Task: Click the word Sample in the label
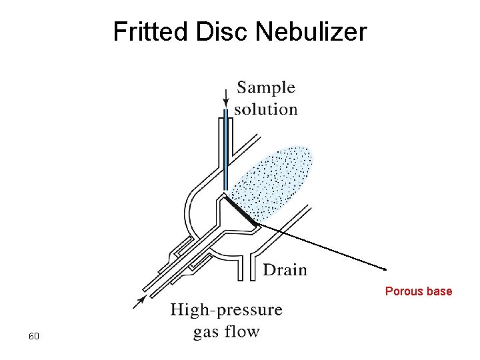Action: pyautogui.click(x=266, y=87)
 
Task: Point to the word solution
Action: pyautogui.click(x=266, y=109)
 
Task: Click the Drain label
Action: pyautogui.click(x=285, y=270)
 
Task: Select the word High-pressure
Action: pyautogui.click(x=226, y=310)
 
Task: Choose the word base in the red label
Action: pyautogui.click(x=441, y=291)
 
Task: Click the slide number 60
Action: pyautogui.click(x=34, y=336)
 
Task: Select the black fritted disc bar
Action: pyautogui.click(x=239, y=209)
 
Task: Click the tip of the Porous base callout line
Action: pyautogui.click(x=385, y=269)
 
